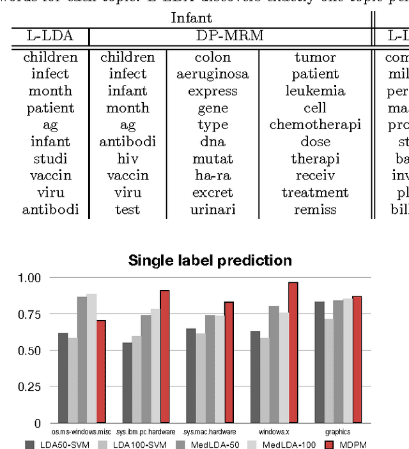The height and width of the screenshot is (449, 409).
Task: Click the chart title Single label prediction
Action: [210, 261]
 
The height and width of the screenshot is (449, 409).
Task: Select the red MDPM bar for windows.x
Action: [293, 353]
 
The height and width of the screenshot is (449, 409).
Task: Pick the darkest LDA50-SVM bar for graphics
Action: [319, 362]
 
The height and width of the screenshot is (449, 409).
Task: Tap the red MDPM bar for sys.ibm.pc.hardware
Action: [165, 356]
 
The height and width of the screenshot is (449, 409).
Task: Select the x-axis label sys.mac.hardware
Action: [210, 432]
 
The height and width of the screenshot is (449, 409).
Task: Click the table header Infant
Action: [191, 18]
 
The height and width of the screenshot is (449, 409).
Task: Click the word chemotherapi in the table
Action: [315, 125]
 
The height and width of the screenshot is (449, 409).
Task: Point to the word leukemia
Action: [315, 91]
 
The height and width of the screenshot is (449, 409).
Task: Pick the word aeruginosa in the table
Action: [213, 74]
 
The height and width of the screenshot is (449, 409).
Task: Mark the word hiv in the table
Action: [127, 158]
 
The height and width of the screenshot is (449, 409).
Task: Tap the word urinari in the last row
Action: [213, 209]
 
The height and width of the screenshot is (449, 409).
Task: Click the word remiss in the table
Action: [315, 209]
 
